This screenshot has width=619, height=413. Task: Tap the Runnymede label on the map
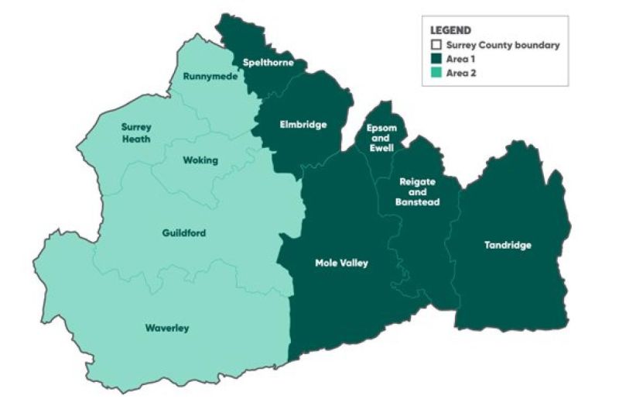click(210, 76)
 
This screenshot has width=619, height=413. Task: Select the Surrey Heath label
click(136, 133)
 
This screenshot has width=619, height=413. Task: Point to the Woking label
click(200, 160)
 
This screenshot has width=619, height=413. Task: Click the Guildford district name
click(184, 233)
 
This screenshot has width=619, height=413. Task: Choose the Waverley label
click(167, 328)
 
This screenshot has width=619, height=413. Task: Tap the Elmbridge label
click(304, 124)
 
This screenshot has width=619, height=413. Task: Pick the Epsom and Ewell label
click(381, 137)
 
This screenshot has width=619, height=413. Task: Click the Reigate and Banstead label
click(419, 191)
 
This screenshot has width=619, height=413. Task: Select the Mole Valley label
click(341, 263)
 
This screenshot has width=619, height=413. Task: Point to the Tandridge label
click(508, 246)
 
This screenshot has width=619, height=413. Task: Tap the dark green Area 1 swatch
click(436, 59)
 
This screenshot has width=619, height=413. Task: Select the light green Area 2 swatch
click(436, 73)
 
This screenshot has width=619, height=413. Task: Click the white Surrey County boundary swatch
click(436, 45)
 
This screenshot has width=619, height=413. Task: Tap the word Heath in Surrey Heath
click(136, 139)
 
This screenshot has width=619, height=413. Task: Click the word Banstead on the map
click(419, 202)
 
